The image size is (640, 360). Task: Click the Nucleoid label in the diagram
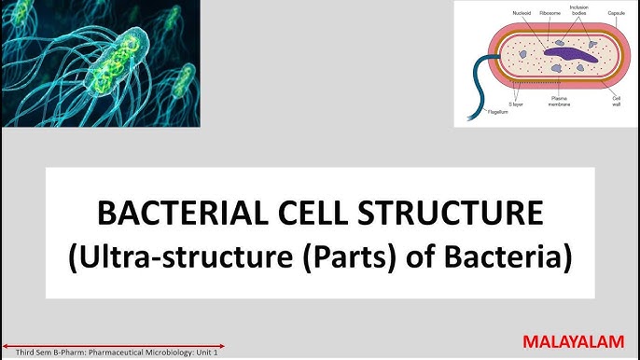522,13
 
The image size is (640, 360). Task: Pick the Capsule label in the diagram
617,13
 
